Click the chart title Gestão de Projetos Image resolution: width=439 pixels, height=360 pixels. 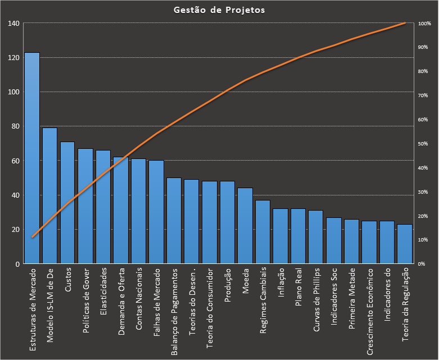(219, 10)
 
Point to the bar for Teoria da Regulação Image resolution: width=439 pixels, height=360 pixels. (405, 244)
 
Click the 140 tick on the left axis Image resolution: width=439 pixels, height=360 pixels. (13, 23)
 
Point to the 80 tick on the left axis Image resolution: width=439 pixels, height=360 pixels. (15, 126)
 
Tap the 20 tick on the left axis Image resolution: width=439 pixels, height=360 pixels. (15, 230)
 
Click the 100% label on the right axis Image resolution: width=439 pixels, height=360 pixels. (424, 24)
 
